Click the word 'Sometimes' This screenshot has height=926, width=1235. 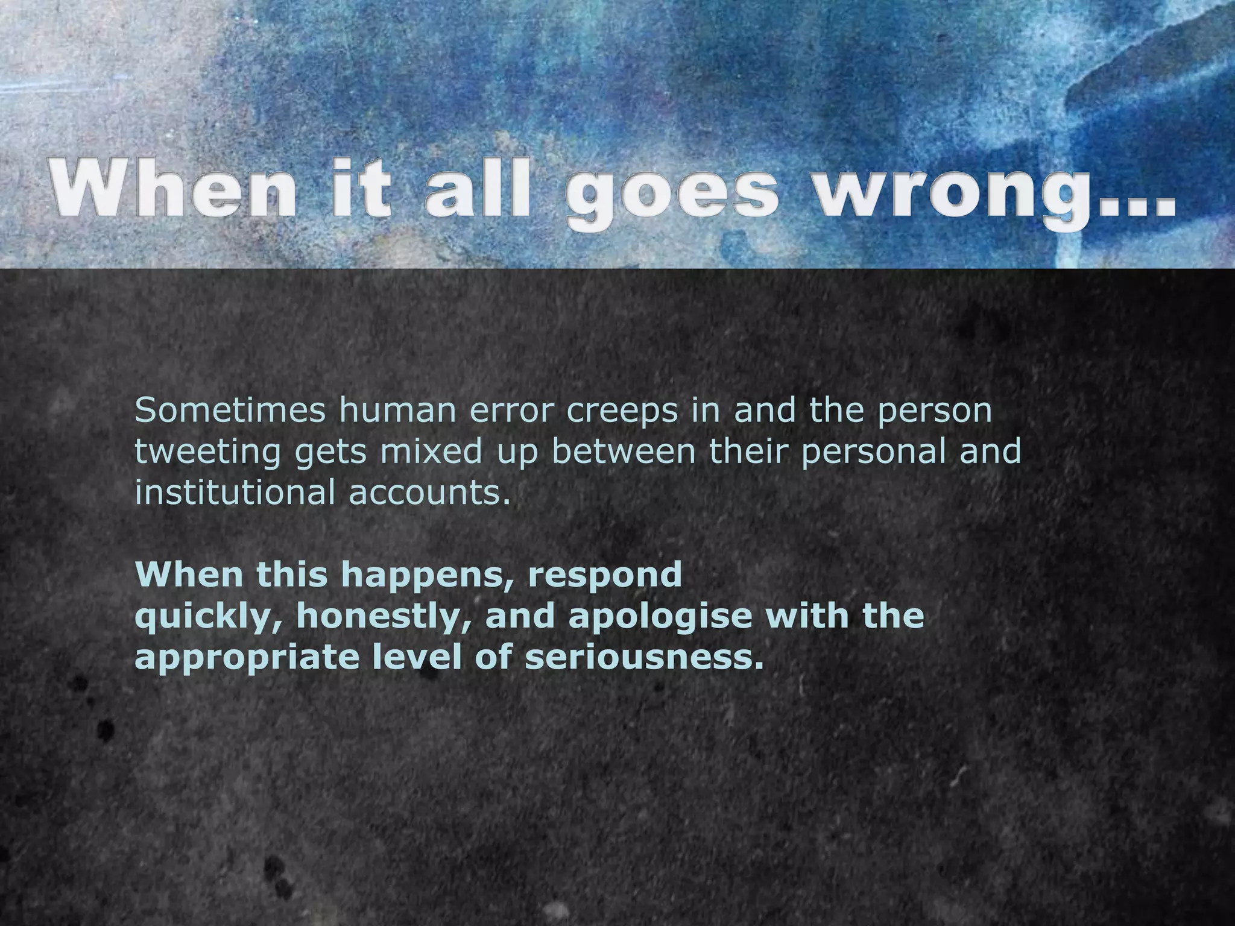pyautogui.click(x=230, y=411)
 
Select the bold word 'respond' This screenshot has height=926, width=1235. pyautogui.click(x=605, y=576)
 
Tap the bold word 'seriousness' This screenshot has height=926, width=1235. pyautogui.click(x=640, y=657)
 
